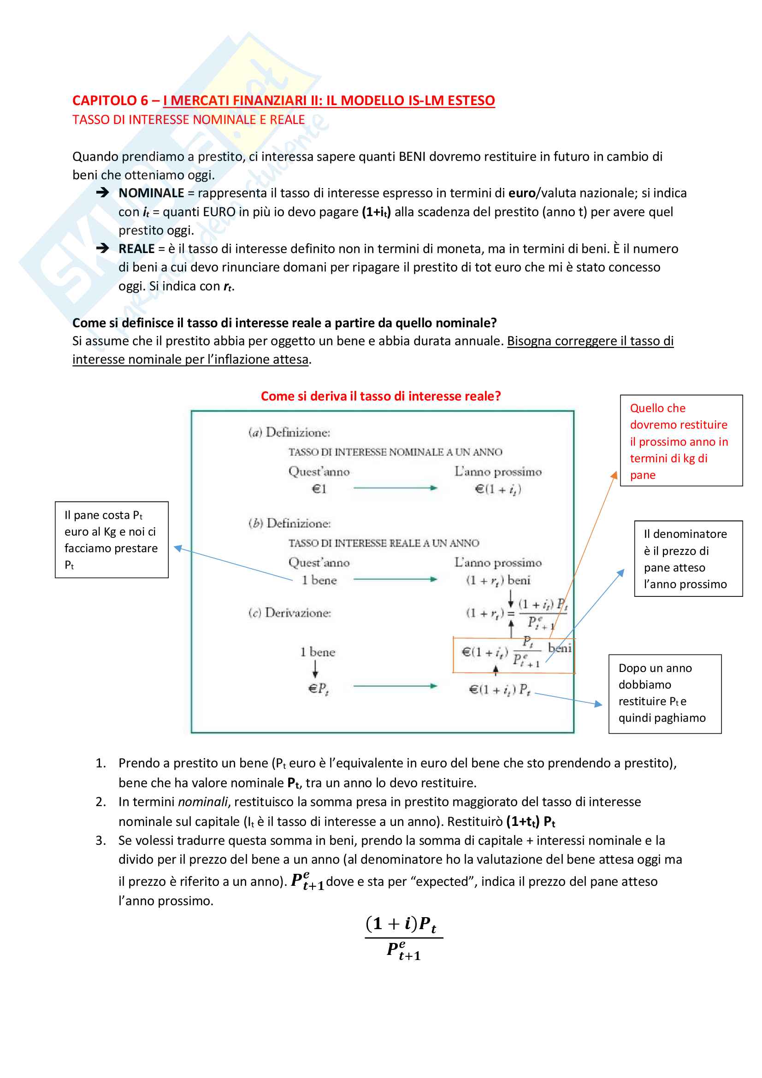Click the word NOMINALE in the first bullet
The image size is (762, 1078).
(151, 193)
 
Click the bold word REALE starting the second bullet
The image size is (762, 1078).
(136, 249)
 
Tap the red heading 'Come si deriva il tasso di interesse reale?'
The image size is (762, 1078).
(381, 396)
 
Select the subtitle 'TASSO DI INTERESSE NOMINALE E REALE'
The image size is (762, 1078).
(188, 120)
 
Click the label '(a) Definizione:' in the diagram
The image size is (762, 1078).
(289, 432)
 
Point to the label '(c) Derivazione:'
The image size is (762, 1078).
(289, 613)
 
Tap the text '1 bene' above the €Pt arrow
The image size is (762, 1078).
(318, 652)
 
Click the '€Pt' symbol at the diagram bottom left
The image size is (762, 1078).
(319, 688)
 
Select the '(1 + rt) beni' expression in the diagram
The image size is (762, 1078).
(498, 581)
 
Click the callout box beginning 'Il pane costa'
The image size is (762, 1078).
(112, 540)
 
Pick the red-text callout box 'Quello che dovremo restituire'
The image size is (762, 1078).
(681, 441)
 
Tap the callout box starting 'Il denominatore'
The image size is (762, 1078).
(688, 558)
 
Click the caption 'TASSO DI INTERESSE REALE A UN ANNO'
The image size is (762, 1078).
(384, 543)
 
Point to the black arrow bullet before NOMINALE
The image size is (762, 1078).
(102, 193)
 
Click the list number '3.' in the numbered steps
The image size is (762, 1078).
(101, 841)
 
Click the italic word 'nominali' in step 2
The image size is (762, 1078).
(203, 801)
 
